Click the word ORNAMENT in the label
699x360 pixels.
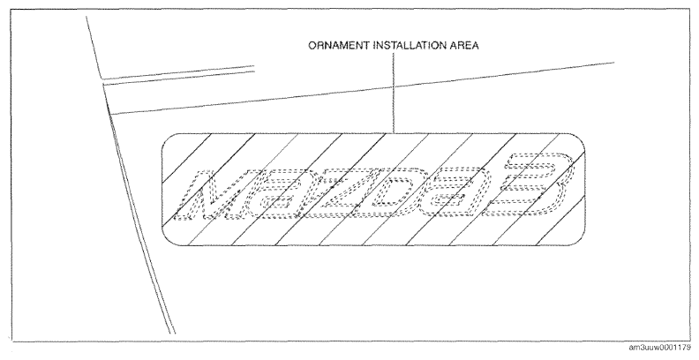(x=339, y=46)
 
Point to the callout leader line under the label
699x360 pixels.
(x=394, y=94)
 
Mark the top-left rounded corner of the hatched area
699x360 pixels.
(x=166, y=139)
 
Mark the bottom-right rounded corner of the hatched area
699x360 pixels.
(x=581, y=241)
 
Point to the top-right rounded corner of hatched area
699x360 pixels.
(x=581, y=139)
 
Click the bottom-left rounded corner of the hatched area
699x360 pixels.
(x=166, y=241)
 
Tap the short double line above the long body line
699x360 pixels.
(x=178, y=75)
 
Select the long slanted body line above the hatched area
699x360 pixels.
(x=362, y=88)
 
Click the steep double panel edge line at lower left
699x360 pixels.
(x=139, y=209)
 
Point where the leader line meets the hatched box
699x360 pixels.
(x=394, y=133)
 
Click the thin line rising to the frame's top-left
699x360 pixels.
(x=94, y=48)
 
